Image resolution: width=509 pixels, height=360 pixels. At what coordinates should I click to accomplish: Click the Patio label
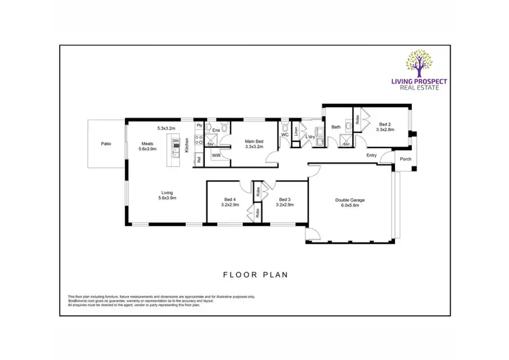point(106,144)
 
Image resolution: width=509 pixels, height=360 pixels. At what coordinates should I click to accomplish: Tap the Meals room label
point(147,143)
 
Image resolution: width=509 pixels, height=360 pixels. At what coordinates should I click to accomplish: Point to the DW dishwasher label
point(175,141)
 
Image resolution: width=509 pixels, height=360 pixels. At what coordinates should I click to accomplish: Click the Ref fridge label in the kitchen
point(199,160)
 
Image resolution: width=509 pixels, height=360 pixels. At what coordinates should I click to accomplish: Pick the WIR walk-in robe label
point(216,156)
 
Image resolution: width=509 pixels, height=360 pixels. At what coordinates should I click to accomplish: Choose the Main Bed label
point(253,141)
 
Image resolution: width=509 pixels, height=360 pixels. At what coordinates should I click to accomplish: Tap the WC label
point(284,134)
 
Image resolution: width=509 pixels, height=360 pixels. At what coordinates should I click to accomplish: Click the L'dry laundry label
point(310,137)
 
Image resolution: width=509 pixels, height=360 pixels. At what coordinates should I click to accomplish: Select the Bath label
point(335,127)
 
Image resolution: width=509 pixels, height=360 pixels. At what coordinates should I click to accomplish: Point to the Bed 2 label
point(385,124)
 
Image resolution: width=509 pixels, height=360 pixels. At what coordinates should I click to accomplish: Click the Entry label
point(371,156)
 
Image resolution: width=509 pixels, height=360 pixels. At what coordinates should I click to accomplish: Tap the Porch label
point(405,160)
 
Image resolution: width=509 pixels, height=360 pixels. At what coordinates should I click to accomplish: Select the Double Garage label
point(350,200)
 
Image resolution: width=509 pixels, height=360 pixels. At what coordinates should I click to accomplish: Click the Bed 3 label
point(285,200)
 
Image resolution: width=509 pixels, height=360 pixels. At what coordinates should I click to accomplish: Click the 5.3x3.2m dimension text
point(166,128)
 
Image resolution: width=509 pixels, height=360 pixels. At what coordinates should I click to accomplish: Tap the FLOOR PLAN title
point(255,275)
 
